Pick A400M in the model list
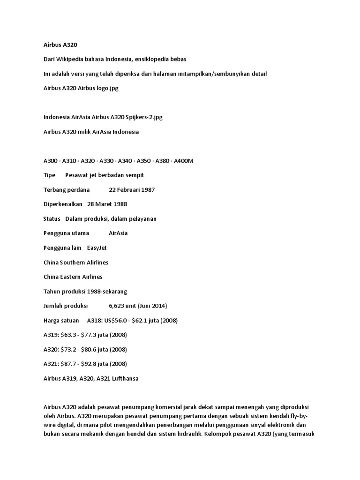tap(184, 161)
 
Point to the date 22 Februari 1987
tap(132, 190)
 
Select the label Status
tap(52, 219)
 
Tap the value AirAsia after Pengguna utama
tap(118, 233)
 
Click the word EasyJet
tap(97, 248)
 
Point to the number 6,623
tap(118, 306)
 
